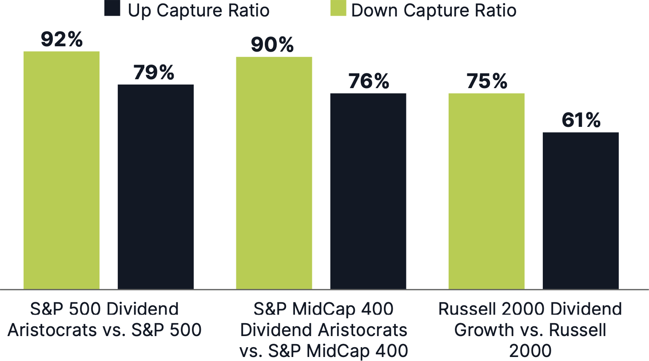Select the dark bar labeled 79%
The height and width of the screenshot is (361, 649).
(155, 187)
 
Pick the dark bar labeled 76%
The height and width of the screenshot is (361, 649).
(368, 191)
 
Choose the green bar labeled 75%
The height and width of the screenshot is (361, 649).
(486, 191)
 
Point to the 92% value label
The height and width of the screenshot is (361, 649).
(62, 40)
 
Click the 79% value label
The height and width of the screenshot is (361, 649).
(154, 73)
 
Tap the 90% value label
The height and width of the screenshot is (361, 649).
(272, 45)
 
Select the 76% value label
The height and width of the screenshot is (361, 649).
(369, 81)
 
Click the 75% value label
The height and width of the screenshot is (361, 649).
(486, 81)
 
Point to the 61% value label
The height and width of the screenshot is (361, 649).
(581, 120)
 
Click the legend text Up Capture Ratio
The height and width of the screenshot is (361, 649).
(199, 10)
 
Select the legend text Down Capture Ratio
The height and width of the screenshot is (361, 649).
(434, 10)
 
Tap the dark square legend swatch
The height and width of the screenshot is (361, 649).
(112, 8)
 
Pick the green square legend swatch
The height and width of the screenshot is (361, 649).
(338, 8)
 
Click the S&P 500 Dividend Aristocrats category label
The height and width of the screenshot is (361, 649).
(105, 320)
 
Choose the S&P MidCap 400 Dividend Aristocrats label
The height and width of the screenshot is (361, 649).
(323, 330)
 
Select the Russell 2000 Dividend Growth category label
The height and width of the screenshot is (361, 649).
(530, 330)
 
